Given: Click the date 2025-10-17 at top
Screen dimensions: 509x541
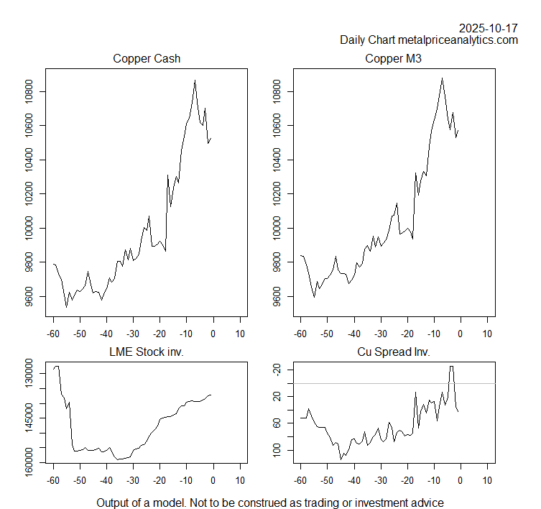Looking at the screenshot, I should point(489,28).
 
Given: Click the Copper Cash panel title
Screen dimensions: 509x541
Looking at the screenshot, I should point(146,59).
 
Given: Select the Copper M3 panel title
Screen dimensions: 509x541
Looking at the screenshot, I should point(393,59).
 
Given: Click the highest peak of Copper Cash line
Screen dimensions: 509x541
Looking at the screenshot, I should point(195,81).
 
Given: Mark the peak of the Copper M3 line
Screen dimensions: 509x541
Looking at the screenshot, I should point(442,78).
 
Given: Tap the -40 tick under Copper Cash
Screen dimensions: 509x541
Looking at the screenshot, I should point(106,334).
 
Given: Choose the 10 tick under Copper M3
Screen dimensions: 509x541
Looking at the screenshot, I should point(487,334).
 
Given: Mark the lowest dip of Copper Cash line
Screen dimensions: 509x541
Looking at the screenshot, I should point(66,307).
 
